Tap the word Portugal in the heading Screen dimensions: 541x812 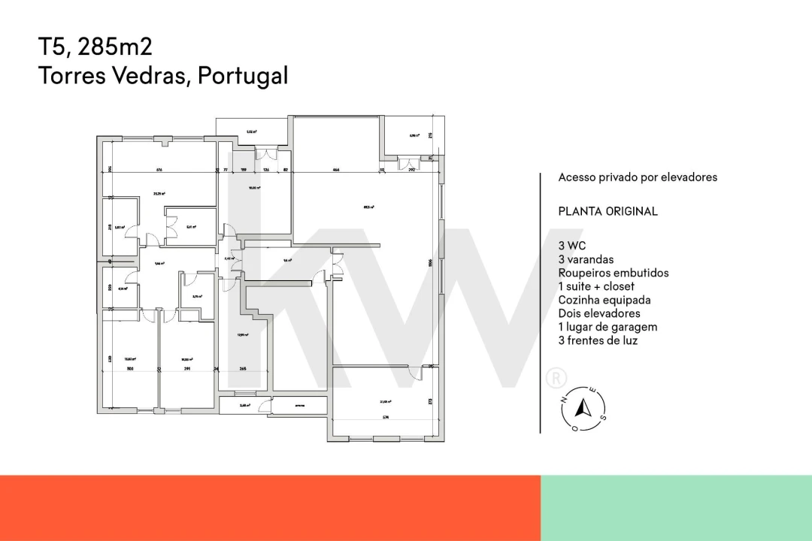243,75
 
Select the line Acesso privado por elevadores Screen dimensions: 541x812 638,177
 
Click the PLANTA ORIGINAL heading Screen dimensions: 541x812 607,211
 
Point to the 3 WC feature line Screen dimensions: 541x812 572,246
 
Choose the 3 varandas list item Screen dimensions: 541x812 586,259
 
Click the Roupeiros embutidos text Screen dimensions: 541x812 613,273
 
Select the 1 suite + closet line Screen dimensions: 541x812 596,286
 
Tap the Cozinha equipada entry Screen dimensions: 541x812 604,300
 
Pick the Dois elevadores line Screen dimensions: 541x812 599,313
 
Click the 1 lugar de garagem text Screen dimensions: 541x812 607,327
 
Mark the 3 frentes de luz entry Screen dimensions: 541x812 598,340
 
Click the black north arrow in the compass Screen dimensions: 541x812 580,408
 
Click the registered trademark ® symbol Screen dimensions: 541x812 556,378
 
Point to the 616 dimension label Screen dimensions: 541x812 159,171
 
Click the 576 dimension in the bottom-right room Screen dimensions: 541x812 384,417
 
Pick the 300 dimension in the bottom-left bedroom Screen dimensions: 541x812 129,369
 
